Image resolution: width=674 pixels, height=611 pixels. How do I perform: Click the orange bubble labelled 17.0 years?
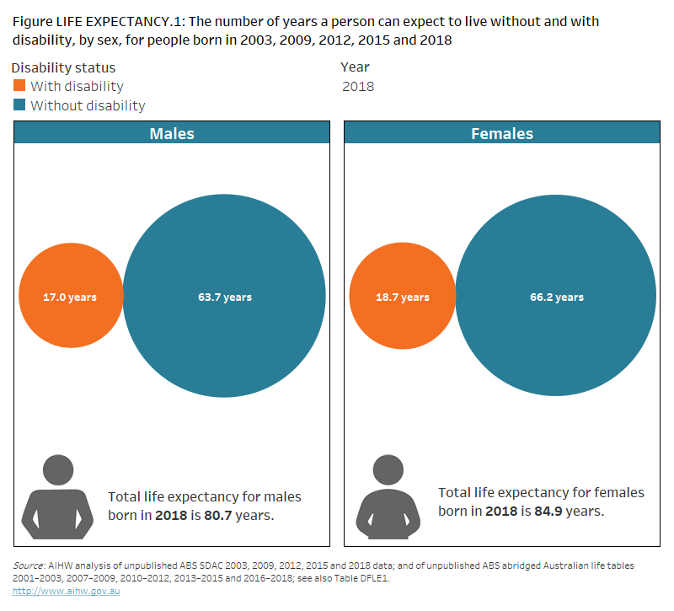(71, 297)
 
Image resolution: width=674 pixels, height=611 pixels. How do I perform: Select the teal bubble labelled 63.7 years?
(224, 297)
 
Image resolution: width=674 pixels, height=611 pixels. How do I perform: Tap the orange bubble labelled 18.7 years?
(402, 297)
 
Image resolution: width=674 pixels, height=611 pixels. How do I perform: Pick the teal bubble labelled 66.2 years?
(556, 297)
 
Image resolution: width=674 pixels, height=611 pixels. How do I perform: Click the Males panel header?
(172, 133)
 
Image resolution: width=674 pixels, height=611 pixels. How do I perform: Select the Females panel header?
(502, 133)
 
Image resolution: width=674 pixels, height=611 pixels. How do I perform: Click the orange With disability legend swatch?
(20, 86)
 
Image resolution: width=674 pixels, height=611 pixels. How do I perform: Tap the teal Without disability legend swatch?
(20, 105)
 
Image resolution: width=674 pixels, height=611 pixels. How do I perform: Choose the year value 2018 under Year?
(358, 86)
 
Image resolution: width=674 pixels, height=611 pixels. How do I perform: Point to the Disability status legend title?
(64, 67)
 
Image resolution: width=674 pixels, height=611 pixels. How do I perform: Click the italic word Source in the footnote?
(28, 565)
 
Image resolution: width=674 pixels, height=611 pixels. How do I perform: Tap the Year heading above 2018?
(355, 67)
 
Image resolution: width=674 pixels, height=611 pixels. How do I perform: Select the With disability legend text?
(77, 86)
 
